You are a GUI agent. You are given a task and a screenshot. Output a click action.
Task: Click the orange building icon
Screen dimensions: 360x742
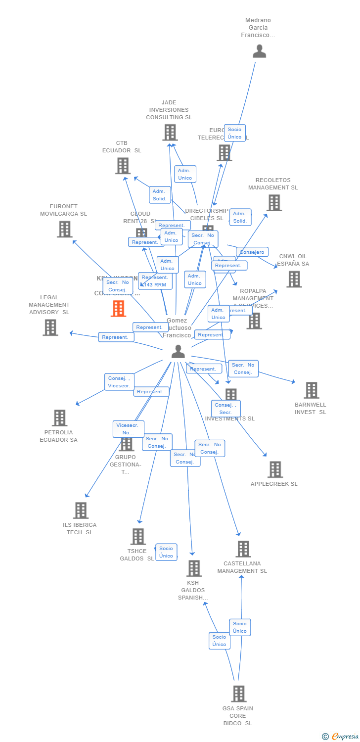(118, 309)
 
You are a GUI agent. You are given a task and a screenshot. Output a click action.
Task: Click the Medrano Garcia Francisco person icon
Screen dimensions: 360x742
(259, 51)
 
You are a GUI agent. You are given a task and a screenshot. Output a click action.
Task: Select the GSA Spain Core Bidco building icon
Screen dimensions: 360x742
(238, 694)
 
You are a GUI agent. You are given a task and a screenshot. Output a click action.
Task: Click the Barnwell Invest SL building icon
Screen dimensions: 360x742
(311, 390)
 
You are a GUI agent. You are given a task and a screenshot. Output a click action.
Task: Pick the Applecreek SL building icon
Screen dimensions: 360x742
(275, 469)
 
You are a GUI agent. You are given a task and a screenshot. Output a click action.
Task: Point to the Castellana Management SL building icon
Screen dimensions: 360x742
(243, 549)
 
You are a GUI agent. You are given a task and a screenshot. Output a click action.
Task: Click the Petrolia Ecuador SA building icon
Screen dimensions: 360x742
(59, 418)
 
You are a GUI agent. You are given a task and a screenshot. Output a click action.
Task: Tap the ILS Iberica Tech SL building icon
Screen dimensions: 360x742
(81, 510)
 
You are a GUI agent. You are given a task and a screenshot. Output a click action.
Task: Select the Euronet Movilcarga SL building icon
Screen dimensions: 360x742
(64, 229)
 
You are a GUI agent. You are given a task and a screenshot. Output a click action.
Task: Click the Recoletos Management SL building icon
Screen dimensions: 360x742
(274, 203)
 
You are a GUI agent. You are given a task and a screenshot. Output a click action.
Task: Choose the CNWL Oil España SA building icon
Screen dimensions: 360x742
(294, 279)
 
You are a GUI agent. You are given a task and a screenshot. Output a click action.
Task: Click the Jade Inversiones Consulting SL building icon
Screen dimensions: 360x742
(170, 133)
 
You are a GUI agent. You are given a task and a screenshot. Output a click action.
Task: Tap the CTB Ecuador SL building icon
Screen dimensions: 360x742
(123, 166)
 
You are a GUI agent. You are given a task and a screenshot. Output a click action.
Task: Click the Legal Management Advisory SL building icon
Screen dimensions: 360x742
(50, 327)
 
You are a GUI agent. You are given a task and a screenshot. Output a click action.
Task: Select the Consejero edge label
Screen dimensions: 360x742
(252, 252)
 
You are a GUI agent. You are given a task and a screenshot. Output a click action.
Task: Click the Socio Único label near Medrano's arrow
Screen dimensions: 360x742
(234, 133)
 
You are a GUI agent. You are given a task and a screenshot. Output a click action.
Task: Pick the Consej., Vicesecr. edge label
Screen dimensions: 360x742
(119, 382)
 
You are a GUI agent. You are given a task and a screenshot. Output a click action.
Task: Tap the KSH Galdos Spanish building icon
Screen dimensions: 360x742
(194, 568)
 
